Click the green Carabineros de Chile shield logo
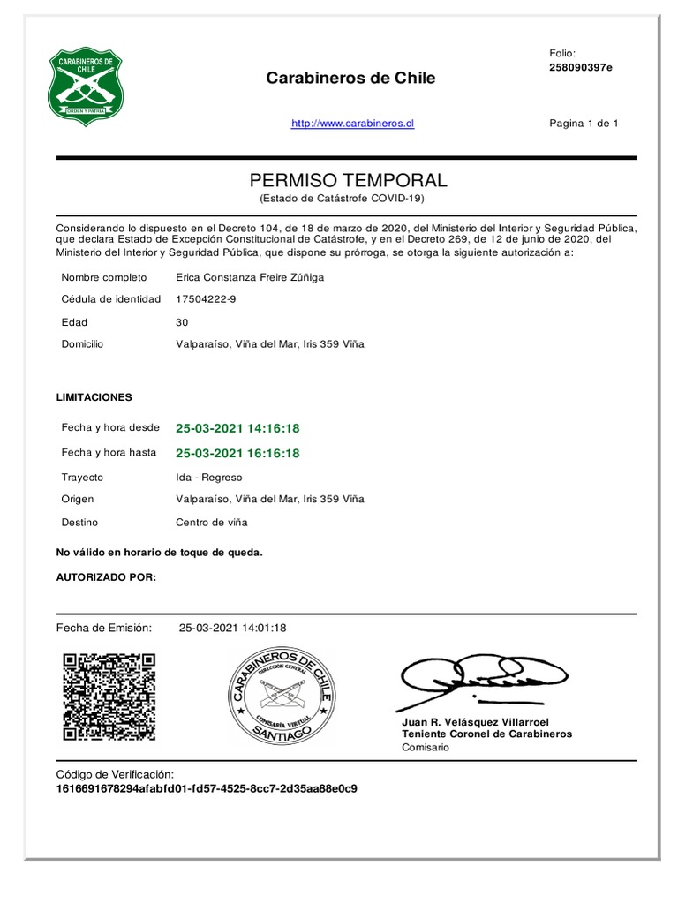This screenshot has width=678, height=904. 85,87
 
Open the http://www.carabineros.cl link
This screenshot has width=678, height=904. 352,124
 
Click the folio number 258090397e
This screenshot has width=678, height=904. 580,68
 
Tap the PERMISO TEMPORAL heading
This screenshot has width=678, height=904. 349,180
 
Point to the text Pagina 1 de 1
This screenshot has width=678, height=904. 584,124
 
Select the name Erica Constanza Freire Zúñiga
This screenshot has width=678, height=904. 250,277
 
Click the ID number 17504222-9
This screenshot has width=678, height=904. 206,299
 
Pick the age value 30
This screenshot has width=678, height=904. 182,322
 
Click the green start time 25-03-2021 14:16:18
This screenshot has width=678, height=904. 237,428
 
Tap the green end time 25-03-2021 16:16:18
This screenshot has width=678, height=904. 237,453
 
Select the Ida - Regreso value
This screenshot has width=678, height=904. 208,477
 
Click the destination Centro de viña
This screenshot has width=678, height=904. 212,522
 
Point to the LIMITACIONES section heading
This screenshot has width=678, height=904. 94,397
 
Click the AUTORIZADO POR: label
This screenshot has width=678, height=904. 106,577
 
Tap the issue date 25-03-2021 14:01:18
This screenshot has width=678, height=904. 232,628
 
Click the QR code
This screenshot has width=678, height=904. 109,697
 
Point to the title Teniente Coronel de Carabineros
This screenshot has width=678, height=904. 486,734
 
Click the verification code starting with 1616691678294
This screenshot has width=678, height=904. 207,788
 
